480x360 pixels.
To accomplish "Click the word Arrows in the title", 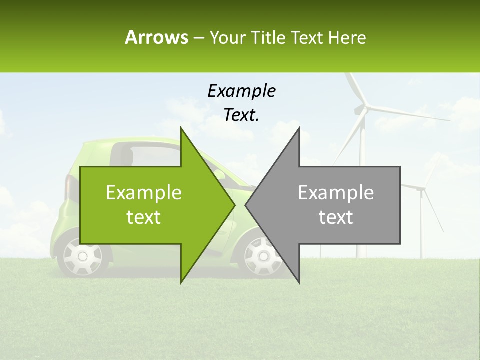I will click(156, 37).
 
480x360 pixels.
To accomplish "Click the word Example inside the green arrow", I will click(144, 193).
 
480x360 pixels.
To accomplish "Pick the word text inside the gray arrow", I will click(336, 217).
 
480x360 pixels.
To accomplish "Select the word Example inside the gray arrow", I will click(336, 193).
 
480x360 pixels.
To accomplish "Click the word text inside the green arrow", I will click(144, 217).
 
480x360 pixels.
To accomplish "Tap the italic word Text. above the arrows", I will click(241, 115).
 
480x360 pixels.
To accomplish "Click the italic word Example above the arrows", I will click(241, 91).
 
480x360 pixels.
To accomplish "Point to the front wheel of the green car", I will click(260, 256).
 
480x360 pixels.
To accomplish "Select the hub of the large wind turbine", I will click(366, 107).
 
